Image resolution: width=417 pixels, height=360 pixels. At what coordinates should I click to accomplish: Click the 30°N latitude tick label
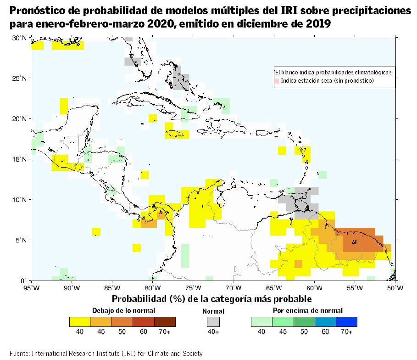pos(19,38)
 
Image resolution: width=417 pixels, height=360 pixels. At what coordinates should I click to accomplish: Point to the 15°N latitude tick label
pos(19,159)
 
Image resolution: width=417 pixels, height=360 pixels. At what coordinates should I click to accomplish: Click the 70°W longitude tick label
pos(233,288)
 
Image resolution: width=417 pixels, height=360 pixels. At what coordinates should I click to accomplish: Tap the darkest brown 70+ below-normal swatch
pos(165,322)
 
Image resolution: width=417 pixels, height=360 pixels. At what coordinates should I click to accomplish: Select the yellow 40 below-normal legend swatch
pos(80,322)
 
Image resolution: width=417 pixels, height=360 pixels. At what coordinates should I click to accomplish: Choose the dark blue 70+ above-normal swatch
pos(346,322)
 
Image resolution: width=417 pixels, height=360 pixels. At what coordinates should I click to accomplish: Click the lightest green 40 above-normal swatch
pos(261,322)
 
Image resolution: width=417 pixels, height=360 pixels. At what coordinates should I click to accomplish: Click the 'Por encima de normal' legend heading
pos(308,310)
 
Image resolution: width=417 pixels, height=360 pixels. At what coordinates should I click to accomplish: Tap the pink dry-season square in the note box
pos(277,81)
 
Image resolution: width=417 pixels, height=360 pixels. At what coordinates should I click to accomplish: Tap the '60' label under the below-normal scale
pos(143,332)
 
